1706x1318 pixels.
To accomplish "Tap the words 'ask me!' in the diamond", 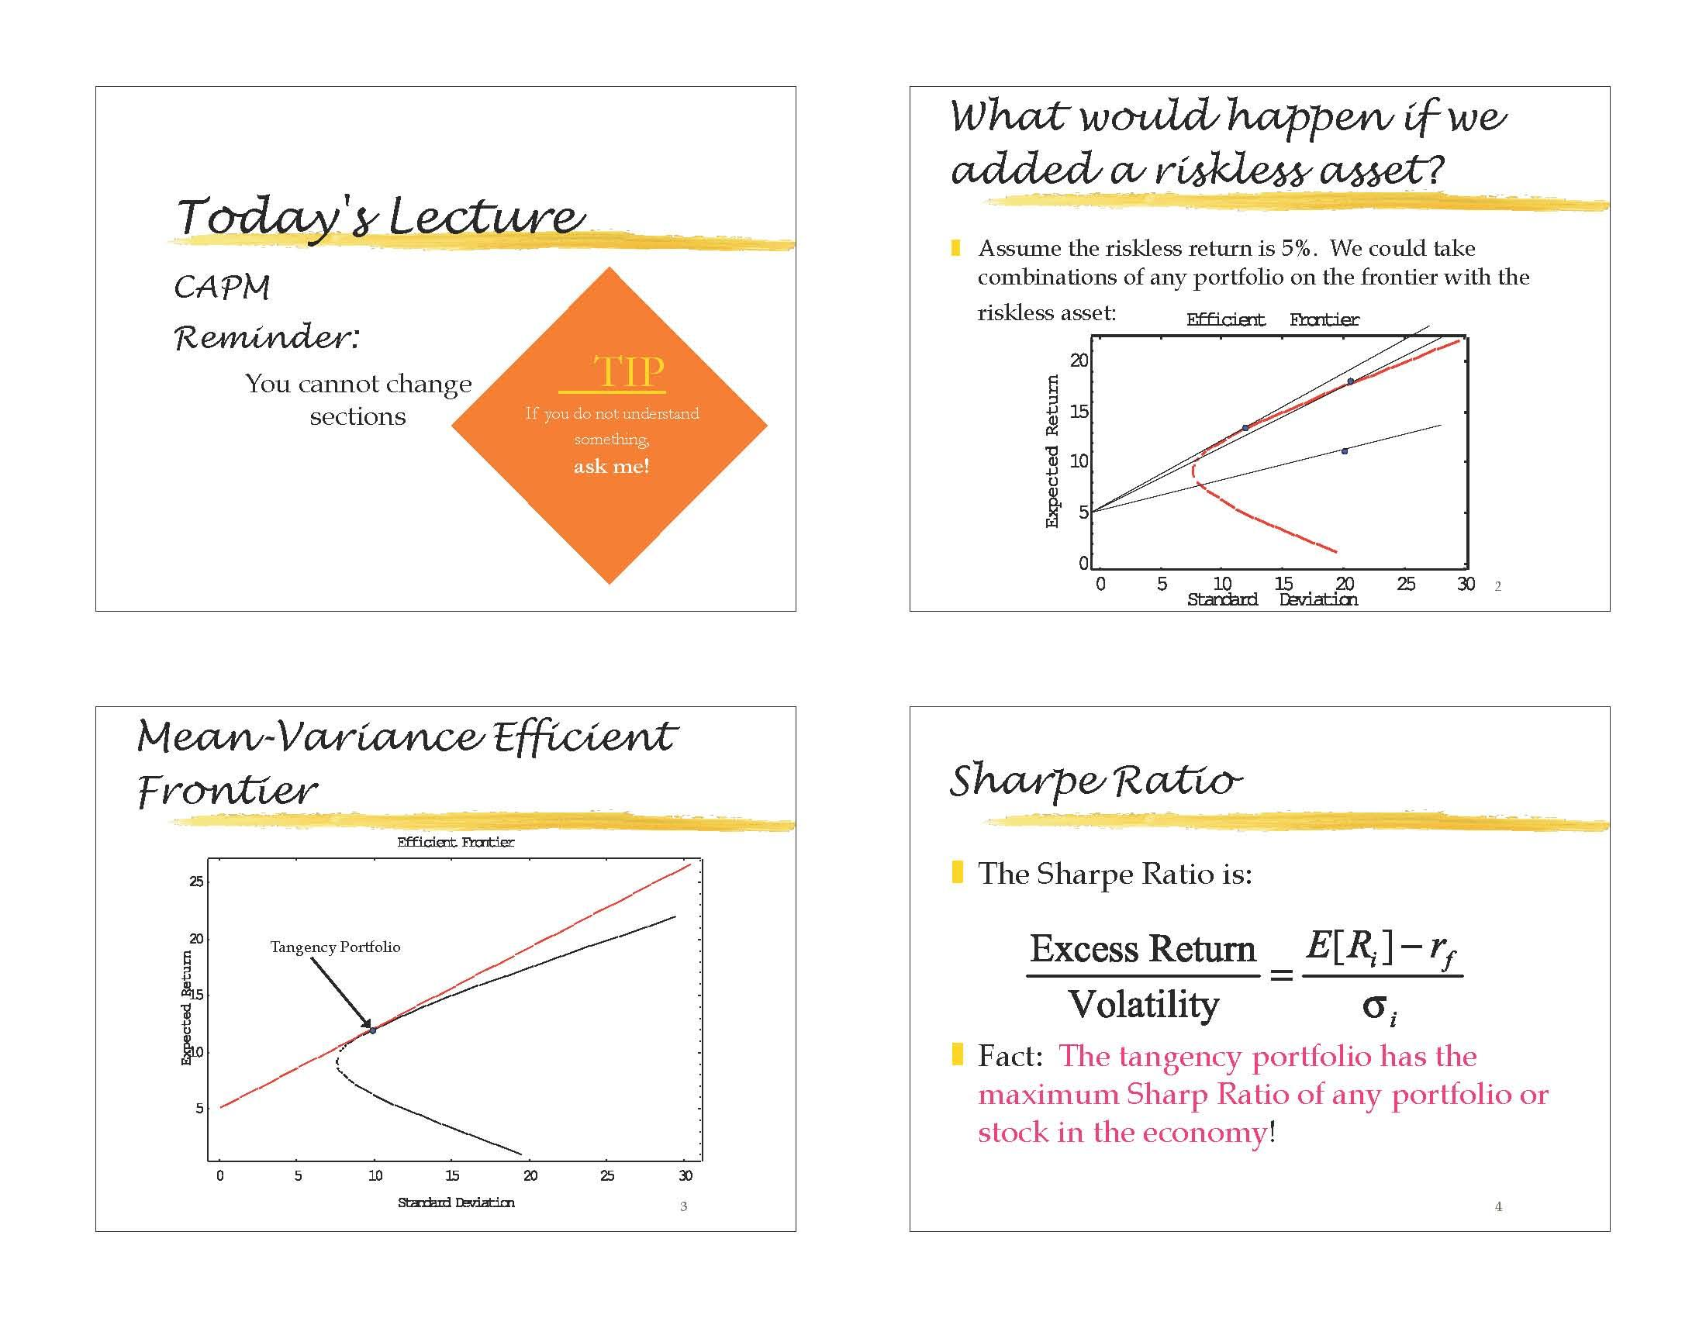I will pos(611,466).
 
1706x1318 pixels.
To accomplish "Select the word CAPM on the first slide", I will pos(222,288).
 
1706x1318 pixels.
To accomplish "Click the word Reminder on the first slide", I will pos(262,337).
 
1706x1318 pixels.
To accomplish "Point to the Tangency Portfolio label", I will pos(335,947).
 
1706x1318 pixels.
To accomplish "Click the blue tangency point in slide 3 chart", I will pos(374,1030).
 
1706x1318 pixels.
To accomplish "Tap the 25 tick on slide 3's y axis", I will pos(196,882).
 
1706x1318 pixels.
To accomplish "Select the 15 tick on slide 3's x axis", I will pos(452,1176).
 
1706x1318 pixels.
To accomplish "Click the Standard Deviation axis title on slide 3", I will pos(456,1202).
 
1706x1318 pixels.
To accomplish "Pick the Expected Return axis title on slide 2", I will pos(1052,451).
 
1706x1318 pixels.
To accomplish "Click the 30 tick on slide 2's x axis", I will pos(1466,584).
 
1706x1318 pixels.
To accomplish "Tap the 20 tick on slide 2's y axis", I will pos(1079,361).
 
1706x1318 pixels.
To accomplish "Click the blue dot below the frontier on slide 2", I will pos(1345,451).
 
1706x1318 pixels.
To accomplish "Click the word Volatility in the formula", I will pos(1144,1005).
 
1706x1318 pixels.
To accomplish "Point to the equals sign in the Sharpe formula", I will pos(1281,975).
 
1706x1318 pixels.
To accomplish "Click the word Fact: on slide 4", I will pos(1010,1057).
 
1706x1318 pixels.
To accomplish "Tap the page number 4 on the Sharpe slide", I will pos(1498,1206).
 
